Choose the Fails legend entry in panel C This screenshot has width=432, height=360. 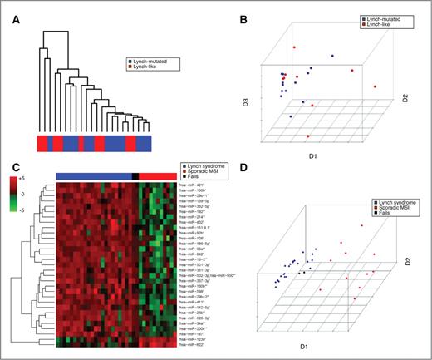pos(205,177)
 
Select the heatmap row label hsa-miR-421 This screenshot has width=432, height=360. pos(204,185)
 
